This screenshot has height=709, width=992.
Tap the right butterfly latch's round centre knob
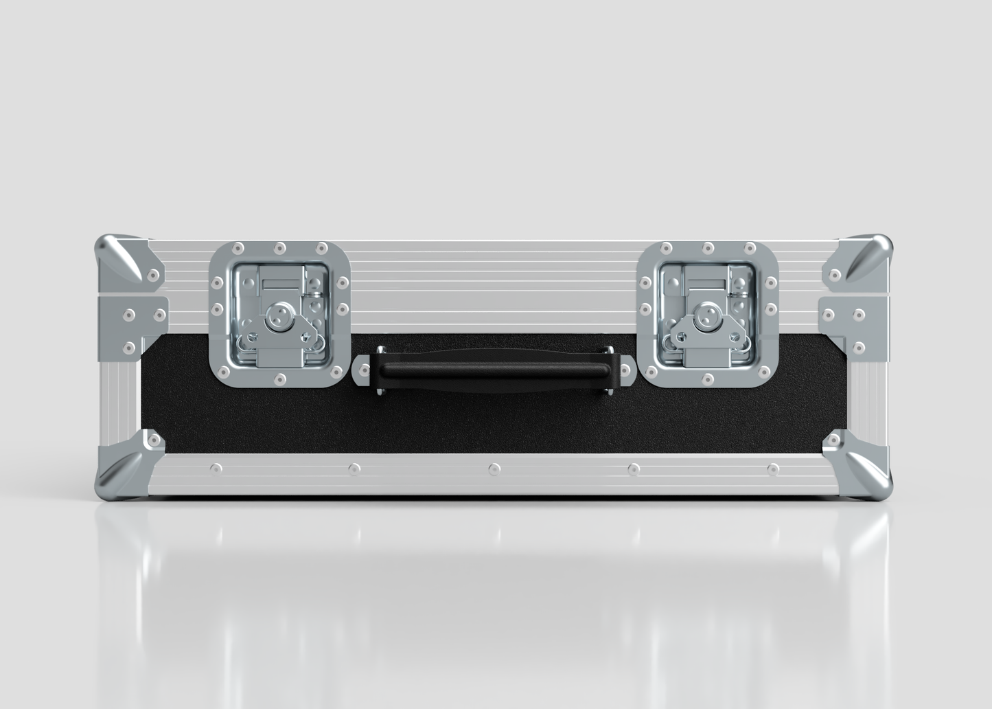(706, 315)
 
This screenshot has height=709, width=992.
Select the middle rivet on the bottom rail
(494, 469)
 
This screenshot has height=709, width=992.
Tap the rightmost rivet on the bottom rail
(773, 469)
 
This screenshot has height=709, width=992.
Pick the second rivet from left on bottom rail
(354, 469)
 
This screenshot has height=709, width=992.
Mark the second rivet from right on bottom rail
(633, 469)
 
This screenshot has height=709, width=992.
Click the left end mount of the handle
(363, 371)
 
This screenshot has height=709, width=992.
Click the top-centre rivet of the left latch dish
(279, 248)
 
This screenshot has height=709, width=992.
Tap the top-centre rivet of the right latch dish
(707, 248)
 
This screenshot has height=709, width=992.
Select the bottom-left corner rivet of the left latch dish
(222, 372)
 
